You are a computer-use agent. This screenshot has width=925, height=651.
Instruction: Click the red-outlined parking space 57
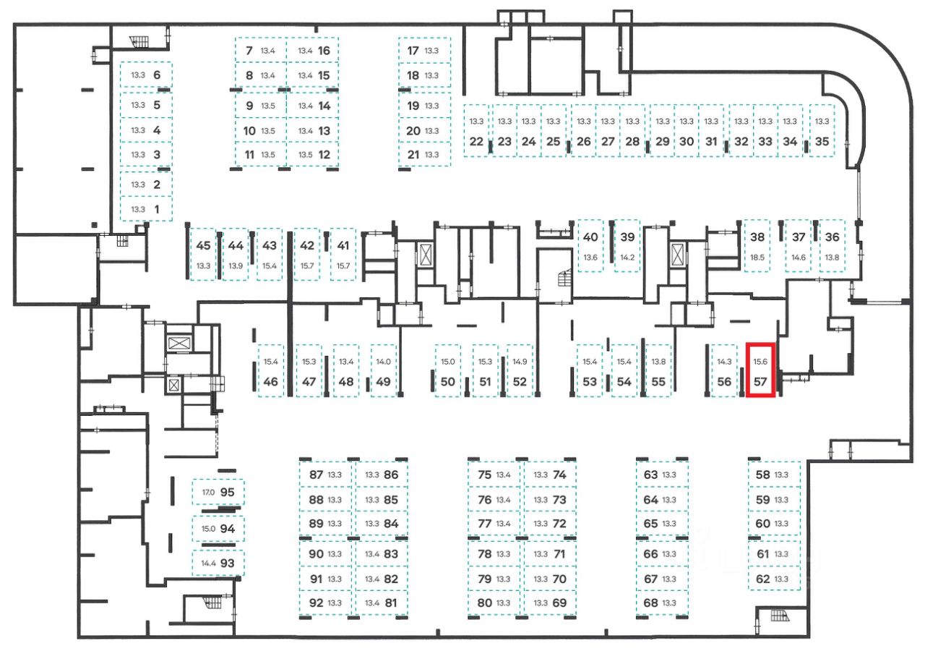[x=760, y=370]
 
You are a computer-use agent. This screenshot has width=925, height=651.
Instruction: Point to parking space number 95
[x=228, y=492]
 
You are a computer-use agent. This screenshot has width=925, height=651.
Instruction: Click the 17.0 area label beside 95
[x=208, y=493]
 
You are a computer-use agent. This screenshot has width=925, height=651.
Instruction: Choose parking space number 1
[x=158, y=209]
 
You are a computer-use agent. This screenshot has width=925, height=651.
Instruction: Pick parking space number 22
[x=476, y=142]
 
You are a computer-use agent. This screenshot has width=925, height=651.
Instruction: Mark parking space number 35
[x=822, y=142]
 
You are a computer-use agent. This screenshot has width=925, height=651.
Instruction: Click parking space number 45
[x=203, y=245]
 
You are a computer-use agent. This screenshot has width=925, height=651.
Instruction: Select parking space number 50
[x=447, y=382]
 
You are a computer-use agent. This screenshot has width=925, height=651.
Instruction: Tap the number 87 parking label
[x=316, y=475]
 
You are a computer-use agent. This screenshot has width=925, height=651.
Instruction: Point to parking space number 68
[x=650, y=603]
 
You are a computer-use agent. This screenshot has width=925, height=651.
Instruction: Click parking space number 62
[x=762, y=579]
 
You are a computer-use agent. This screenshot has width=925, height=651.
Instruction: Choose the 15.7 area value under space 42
[x=307, y=266]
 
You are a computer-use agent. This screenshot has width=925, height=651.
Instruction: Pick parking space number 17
[x=413, y=51]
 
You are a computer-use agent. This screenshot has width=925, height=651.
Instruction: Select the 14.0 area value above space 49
[x=383, y=362]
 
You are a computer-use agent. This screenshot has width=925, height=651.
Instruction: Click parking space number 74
[x=559, y=475]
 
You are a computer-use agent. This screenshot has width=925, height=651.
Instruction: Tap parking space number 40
[x=590, y=237]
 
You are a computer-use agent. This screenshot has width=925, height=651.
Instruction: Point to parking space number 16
[x=323, y=51]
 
